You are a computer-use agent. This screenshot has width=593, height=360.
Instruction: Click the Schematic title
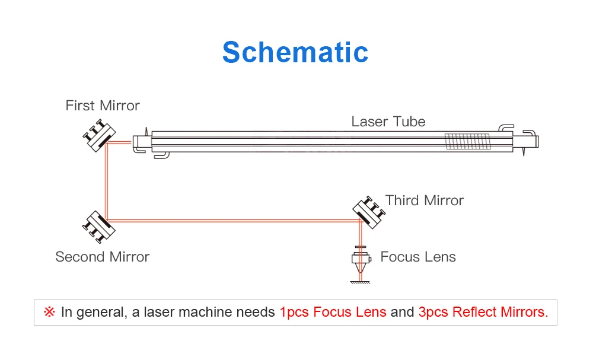(x=295, y=52)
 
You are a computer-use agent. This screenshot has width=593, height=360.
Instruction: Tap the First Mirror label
(x=103, y=106)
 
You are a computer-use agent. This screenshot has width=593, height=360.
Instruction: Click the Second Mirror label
(x=102, y=257)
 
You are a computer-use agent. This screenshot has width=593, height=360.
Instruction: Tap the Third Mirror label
(x=424, y=200)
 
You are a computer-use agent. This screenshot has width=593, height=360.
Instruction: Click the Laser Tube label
(x=388, y=122)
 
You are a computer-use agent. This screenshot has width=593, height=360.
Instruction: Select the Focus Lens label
(x=417, y=257)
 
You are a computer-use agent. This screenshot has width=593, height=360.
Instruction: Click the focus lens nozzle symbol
(x=359, y=261)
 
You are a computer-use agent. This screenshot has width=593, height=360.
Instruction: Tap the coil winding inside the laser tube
(x=468, y=141)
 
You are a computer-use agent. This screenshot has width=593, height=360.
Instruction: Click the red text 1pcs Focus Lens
(x=333, y=312)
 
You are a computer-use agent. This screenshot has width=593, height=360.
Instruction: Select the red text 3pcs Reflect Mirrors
(x=483, y=312)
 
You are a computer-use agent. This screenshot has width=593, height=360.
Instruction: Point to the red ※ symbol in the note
(x=49, y=312)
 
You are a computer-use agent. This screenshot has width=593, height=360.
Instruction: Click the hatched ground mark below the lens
(x=359, y=282)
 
